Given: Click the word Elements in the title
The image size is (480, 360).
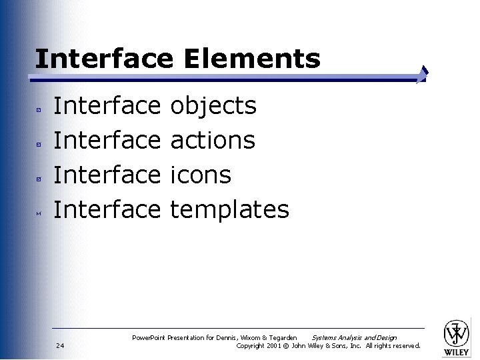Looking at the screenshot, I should (252, 59).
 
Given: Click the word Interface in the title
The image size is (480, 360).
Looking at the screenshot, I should (103, 59).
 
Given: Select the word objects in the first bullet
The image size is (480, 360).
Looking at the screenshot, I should (213, 106).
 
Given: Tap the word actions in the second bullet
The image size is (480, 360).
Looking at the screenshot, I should (213, 140).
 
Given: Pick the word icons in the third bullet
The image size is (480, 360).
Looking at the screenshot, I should (201, 175).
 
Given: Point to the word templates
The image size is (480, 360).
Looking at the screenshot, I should (229, 210).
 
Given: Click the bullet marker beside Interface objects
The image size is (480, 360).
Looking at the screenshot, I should (39, 108).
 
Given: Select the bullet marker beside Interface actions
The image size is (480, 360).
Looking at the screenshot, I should (39, 143).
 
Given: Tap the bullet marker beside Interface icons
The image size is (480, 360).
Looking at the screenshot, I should (39, 178).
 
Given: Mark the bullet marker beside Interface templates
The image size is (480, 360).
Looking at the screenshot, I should (39, 213).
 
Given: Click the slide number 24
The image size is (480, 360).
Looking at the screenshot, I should (61, 345).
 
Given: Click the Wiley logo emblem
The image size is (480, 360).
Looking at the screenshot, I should (457, 331).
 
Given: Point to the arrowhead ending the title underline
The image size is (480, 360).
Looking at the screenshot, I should (423, 75).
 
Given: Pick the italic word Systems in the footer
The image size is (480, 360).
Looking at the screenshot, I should (325, 338).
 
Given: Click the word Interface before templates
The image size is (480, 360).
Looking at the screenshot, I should (107, 210).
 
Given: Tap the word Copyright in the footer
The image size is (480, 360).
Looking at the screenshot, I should (250, 345).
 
